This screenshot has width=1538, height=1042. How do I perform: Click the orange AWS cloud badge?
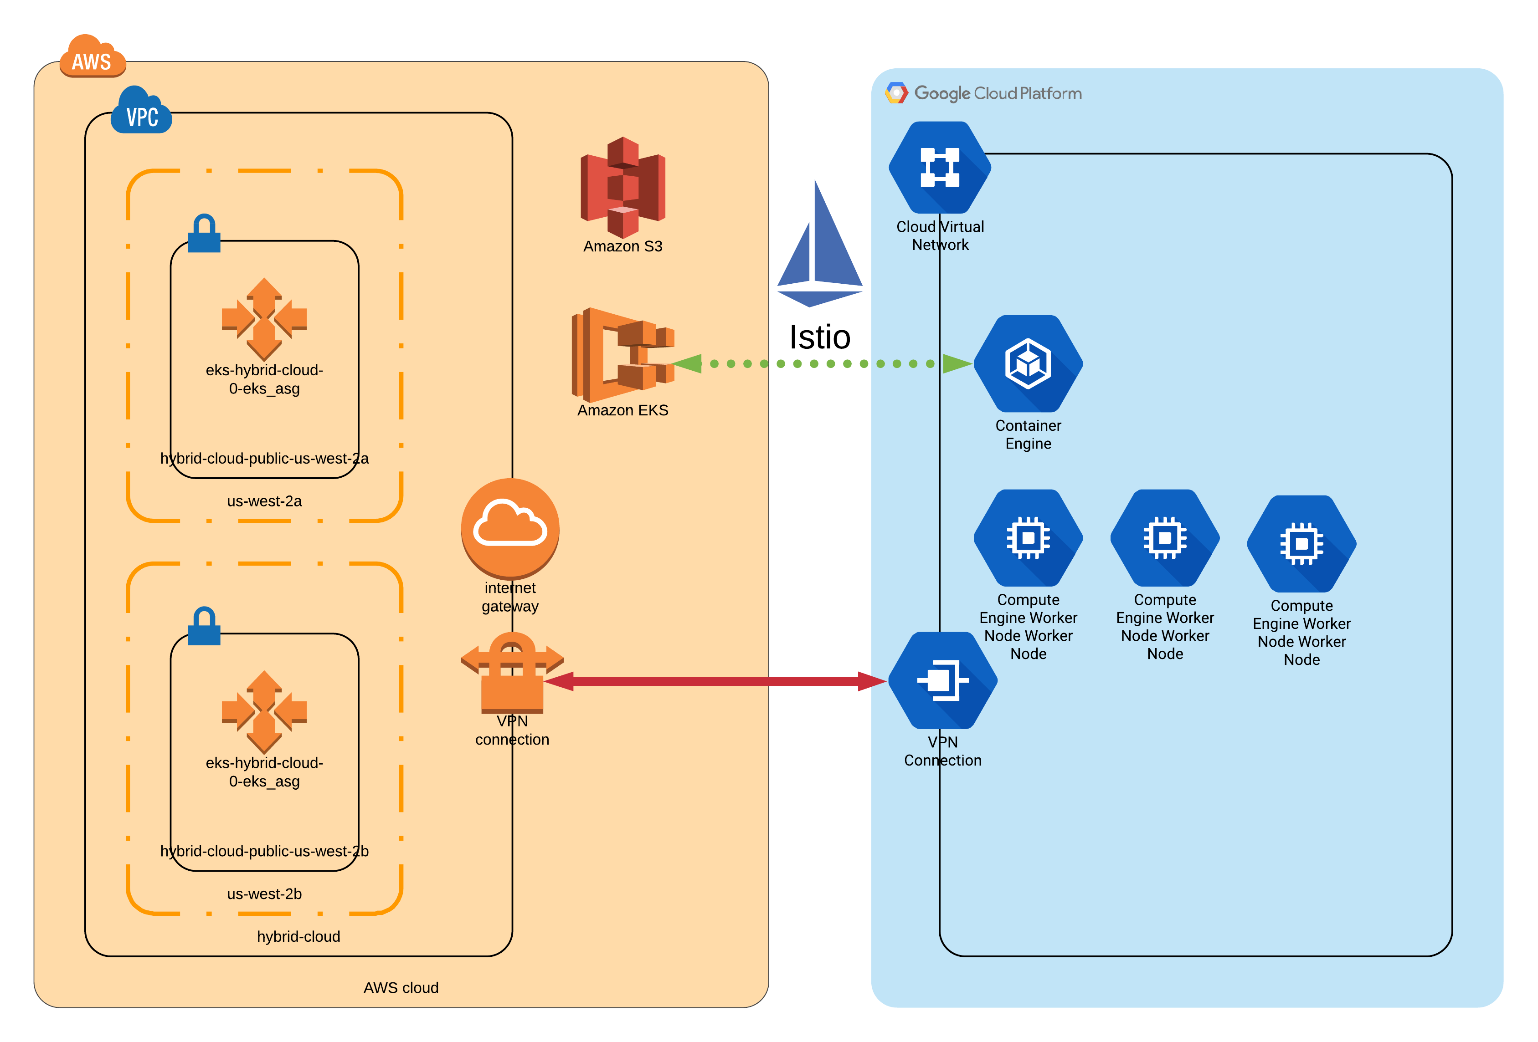(92, 57)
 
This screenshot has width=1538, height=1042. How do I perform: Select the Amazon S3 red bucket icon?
(623, 187)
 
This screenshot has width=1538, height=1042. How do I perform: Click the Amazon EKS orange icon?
(622, 355)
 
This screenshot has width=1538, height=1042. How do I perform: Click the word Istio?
(819, 337)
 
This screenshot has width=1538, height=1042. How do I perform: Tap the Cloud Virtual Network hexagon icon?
(939, 168)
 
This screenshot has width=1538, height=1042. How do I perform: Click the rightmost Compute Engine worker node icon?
(1301, 543)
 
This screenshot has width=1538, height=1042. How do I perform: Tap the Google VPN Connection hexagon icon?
(942, 680)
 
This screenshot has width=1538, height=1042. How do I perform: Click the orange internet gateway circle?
(510, 528)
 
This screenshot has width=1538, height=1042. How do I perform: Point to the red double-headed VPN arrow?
(715, 681)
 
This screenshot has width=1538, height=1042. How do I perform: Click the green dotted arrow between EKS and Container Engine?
(821, 363)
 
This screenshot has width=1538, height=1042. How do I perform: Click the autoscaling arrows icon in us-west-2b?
(264, 711)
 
